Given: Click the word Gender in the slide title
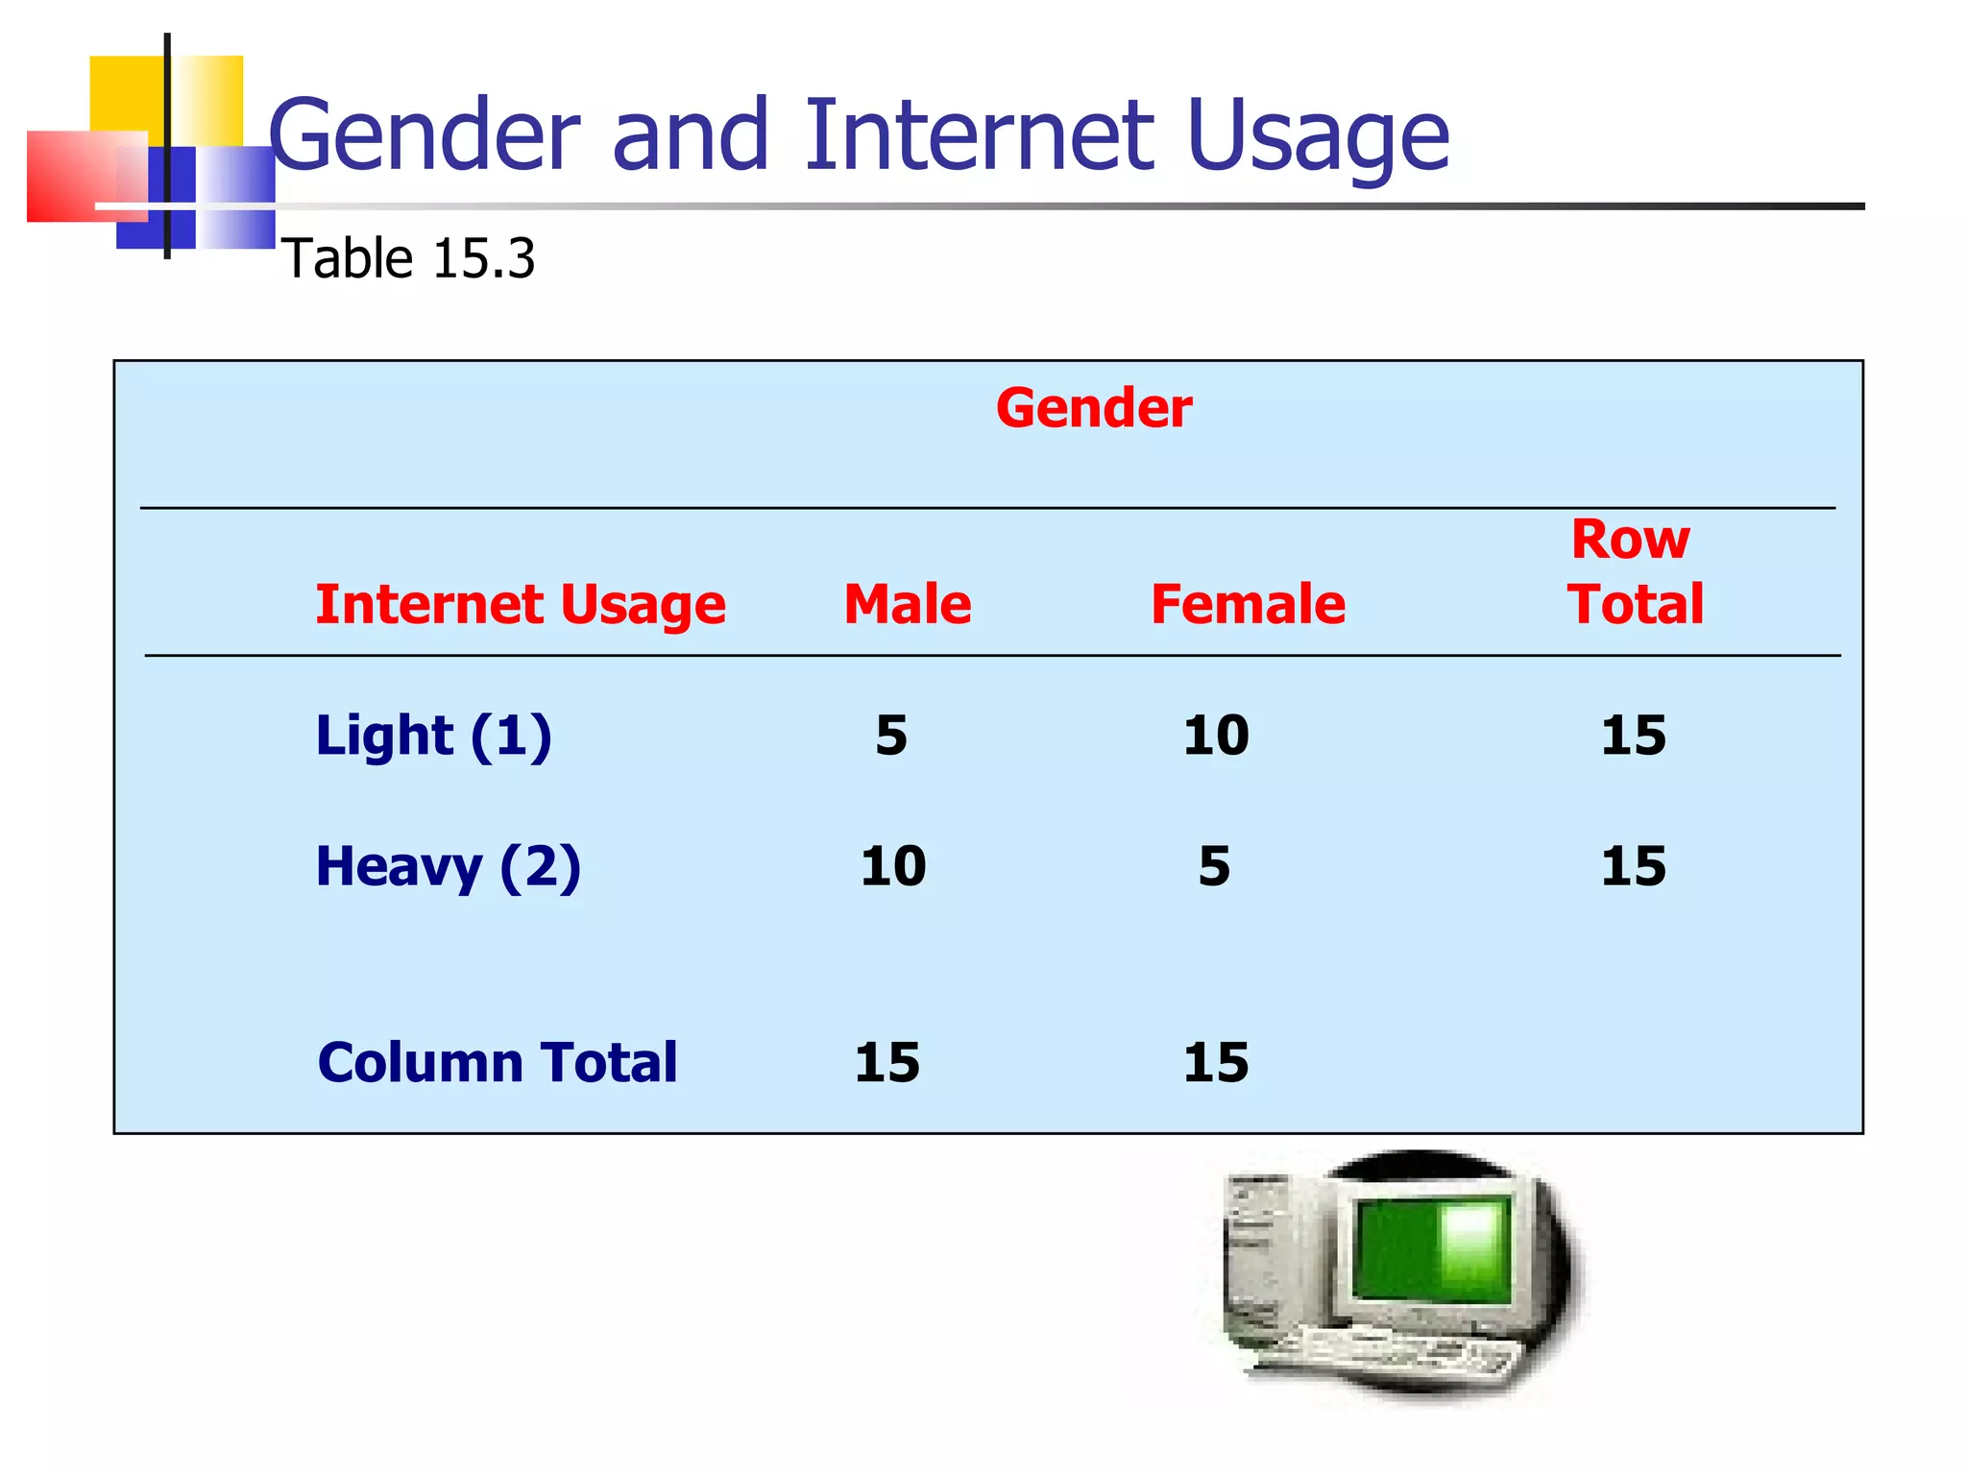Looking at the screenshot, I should click(x=425, y=136).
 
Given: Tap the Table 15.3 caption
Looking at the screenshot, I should click(x=408, y=259).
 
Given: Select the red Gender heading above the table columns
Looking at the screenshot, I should click(x=1094, y=408).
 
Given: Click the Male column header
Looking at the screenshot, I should click(x=908, y=604).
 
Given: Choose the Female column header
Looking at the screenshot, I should click(x=1248, y=604).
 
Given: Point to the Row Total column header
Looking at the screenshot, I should click(x=1635, y=572).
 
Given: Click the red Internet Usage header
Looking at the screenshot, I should click(x=521, y=605).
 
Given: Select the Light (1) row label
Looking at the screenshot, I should click(x=434, y=736).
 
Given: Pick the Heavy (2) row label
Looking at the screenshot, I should click(x=449, y=867).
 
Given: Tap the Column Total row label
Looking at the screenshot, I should click(x=498, y=1063).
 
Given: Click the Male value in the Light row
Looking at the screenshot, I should click(x=891, y=736).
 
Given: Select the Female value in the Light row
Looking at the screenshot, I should click(x=1216, y=736).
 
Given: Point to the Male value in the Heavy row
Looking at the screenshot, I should click(x=893, y=866).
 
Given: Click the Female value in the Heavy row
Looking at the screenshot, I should click(x=1214, y=866).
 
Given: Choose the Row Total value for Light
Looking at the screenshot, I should click(x=1633, y=736).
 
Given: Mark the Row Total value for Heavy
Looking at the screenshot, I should click(x=1633, y=866).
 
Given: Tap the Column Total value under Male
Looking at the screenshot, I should click(x=887, y=1063).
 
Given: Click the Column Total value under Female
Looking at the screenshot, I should click(x=1216, y=1063).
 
